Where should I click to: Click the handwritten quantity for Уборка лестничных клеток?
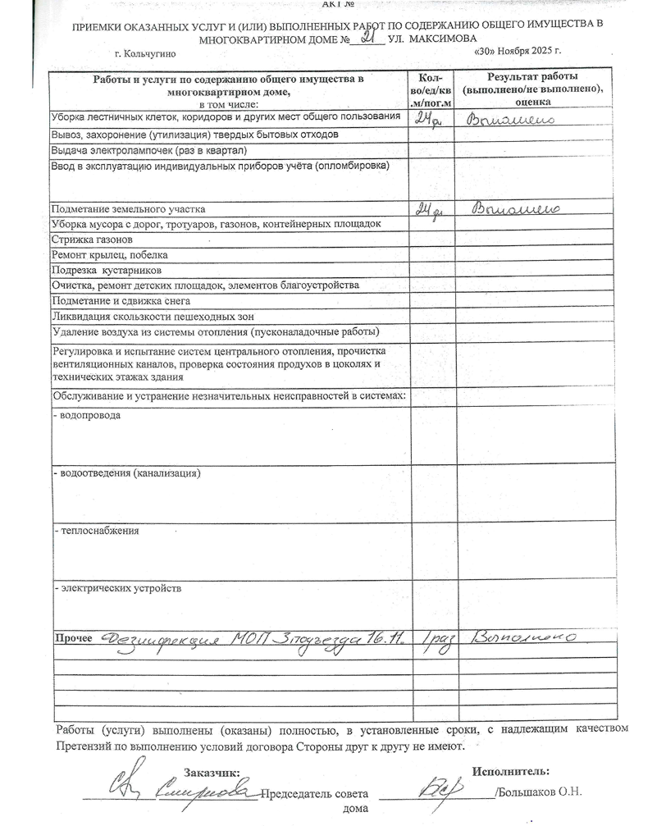(x=428, y=120)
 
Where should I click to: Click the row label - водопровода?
(x=86, y=415)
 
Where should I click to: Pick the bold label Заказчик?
(x=212, y=773)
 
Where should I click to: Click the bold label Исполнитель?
(x=511, y=771)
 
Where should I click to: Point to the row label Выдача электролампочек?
(x=137, y=151)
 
